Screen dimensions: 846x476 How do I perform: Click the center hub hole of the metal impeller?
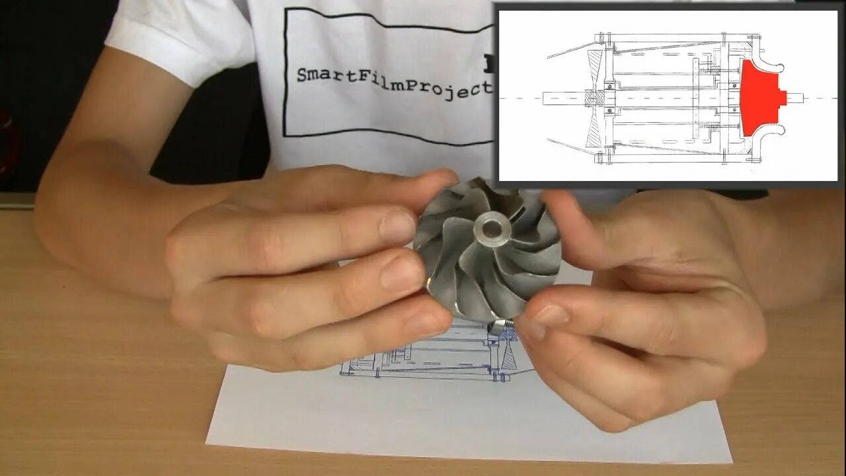(490, 229)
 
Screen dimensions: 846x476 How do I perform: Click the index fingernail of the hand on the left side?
(398, 225)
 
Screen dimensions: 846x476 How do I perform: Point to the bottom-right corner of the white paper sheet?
(731, 462)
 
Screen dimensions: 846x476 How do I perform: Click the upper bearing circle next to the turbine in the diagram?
(609, 88)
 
